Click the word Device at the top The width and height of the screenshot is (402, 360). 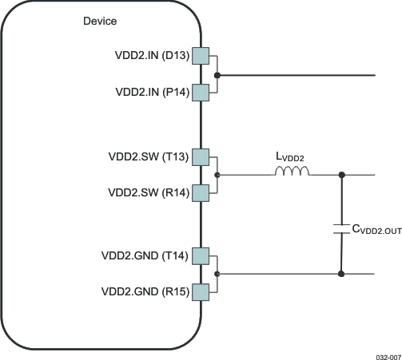coord(100,21)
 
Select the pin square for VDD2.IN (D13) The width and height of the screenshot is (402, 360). coord(200,57)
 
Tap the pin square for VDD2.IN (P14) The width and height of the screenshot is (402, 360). coord(200,93)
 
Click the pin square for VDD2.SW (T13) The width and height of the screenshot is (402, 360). coord(200,156)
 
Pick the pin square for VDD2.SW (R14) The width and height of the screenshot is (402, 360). coord(200,192)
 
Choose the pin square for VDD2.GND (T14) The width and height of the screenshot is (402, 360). coord(200,256)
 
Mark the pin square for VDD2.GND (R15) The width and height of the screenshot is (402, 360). coord(200,292)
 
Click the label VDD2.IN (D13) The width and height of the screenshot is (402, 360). coord(152,57)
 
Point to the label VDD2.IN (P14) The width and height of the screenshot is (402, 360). coord(152,93)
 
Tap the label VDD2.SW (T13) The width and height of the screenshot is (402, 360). coord(149,156)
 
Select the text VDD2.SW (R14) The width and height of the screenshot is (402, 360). coord(149,192)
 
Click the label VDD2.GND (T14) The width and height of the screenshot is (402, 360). coord(145,256)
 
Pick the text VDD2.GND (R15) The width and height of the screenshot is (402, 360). coord(145,292)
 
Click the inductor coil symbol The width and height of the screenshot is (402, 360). coord(292,172)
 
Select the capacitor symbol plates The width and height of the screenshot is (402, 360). coord(342,229)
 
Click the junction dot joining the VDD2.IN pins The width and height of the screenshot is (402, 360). coord(217,75)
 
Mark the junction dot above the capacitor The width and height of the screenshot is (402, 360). coord(342,175)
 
